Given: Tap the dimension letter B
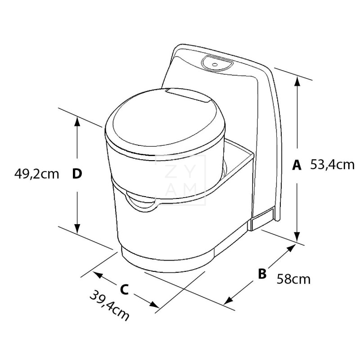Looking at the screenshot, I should coord(262,273).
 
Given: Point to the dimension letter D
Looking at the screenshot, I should coord(77,174).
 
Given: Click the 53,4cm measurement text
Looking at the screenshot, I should coord(333,165).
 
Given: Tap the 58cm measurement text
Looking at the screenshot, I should coord(293,279).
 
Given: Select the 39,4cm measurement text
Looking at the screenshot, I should coord(109,306).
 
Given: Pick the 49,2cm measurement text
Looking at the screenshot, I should coord(37,174).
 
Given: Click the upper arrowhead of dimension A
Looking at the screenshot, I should coord(297,81).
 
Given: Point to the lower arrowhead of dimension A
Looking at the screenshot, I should coord(297,237).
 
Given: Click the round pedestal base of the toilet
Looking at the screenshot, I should coord(166,261).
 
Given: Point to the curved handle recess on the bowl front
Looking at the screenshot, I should coord(140,200).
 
